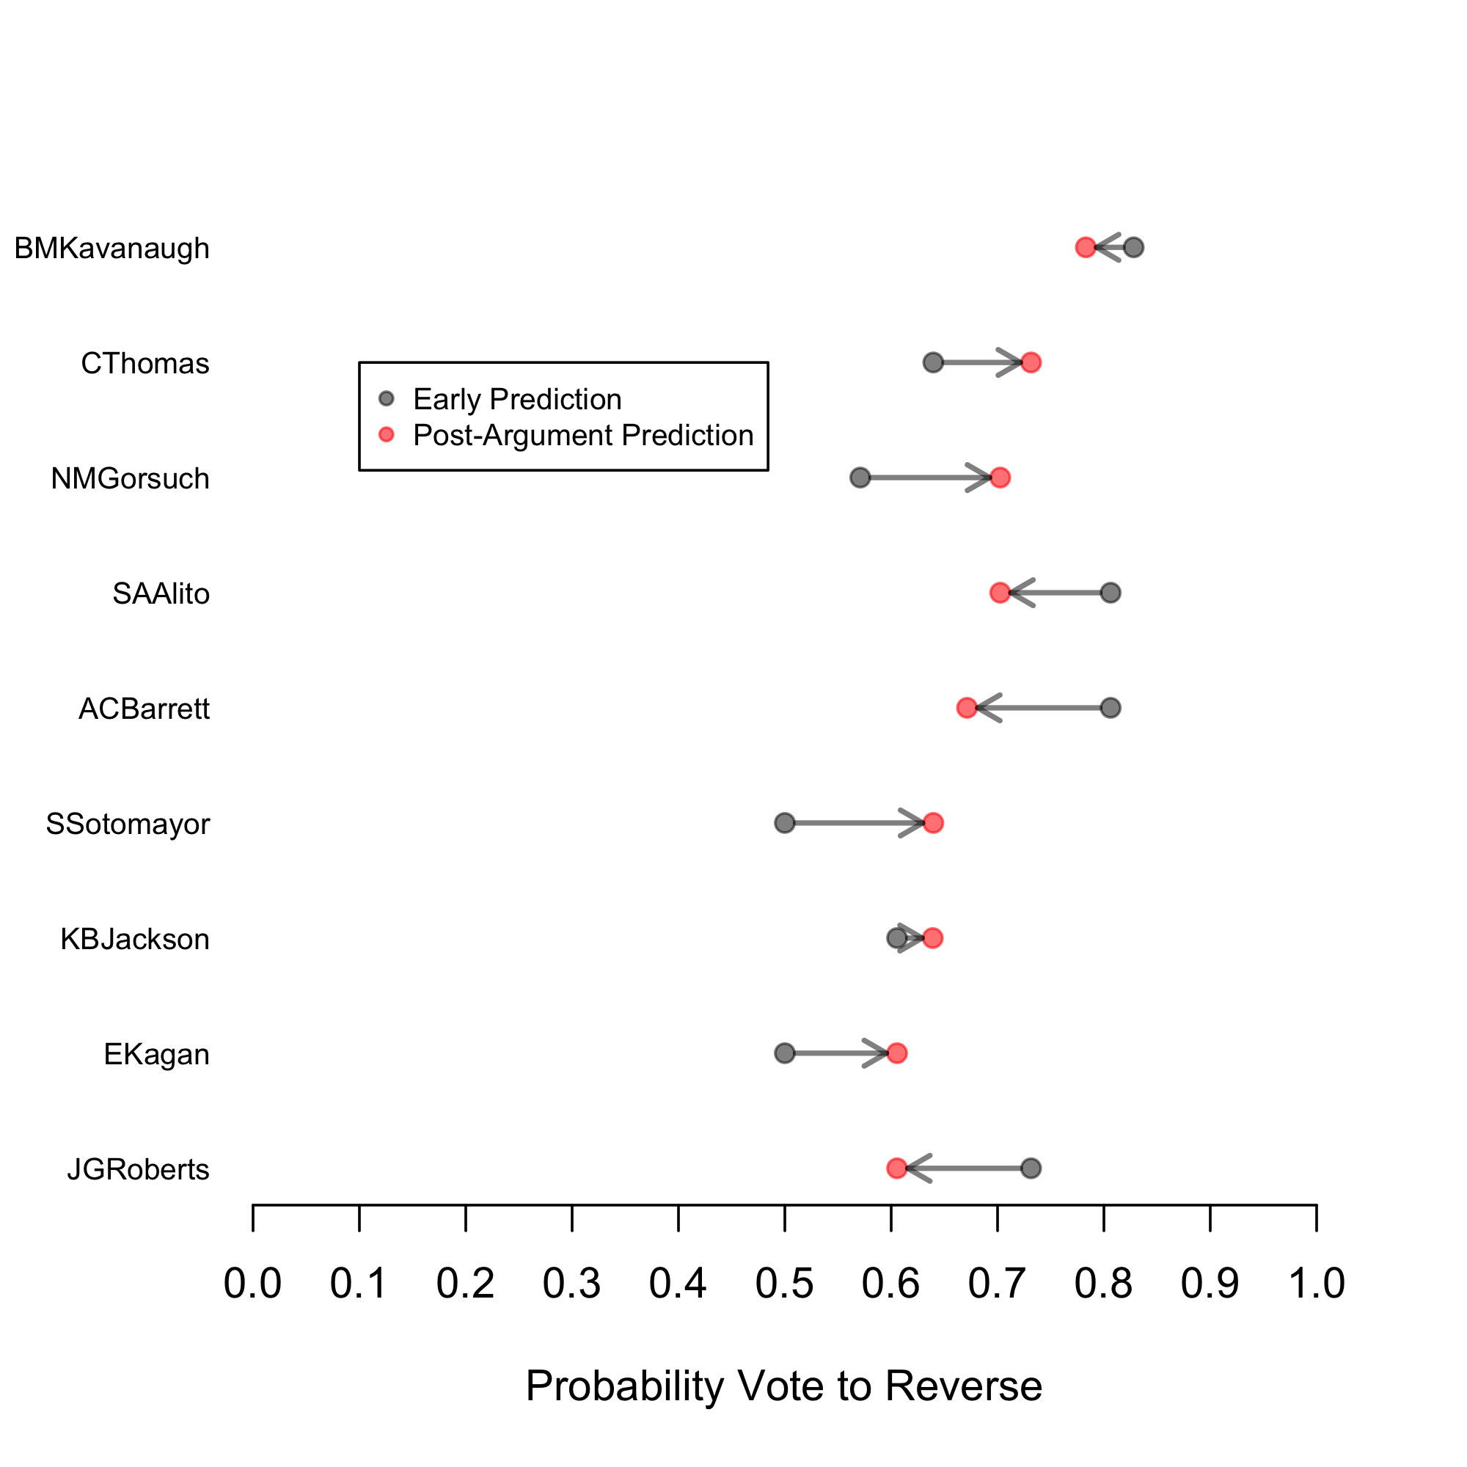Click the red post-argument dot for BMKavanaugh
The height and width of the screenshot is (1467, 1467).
1085,247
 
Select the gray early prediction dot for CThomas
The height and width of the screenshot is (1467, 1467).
933,363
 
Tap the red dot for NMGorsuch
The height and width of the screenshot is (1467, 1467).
1000,478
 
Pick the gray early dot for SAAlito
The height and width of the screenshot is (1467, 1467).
1110,593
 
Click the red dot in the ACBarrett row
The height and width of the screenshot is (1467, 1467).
967,709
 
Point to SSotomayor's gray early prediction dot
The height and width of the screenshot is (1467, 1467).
784,823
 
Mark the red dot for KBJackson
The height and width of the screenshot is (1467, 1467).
933,939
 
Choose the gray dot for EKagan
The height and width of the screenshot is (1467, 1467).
784,1053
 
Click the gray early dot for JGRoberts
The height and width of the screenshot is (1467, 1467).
1031,1168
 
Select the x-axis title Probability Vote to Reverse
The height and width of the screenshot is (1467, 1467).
783,1386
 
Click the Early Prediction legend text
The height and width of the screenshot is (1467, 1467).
517,400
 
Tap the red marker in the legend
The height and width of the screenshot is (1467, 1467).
387,435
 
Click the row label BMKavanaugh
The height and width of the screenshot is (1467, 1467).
111,249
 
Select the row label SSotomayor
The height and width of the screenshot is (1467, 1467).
128,824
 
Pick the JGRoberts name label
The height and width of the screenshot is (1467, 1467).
138,1169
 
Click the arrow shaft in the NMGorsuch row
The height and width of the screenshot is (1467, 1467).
923,478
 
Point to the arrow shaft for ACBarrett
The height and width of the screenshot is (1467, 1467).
1044,709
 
